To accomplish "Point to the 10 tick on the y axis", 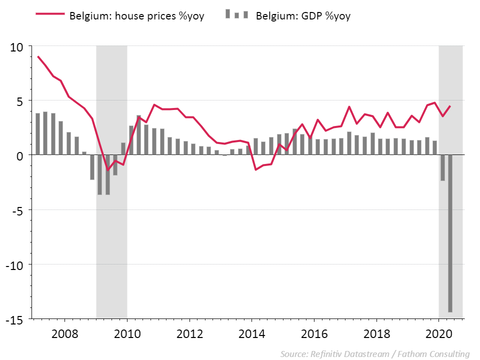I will [x=17, y=47].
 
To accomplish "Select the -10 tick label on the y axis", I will [x=15, y=264].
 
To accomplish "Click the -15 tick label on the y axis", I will [x=15, y=319].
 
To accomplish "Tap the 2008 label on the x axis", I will [x=64, y=334].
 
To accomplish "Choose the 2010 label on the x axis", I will [x=127, y=334].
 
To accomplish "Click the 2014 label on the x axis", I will [x=251, y=334].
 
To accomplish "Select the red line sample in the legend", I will [x=50, y=15].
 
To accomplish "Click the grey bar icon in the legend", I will [x=237, y=14].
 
